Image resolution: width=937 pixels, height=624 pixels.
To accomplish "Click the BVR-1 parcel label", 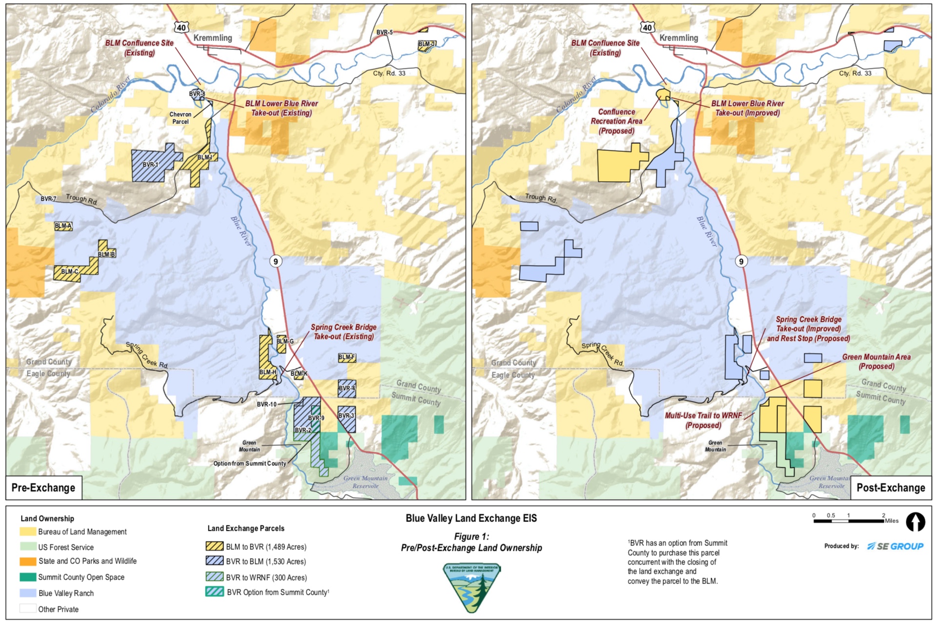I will [150, 165].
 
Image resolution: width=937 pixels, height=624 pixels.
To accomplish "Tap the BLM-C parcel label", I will [70, 271].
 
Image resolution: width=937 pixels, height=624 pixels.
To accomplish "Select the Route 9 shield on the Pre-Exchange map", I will [276, 261].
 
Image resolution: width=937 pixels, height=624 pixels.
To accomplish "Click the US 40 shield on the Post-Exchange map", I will [648, 27].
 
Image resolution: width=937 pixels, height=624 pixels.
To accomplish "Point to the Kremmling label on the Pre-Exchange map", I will [213, 38].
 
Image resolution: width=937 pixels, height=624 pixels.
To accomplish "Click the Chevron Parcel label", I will [180, 118].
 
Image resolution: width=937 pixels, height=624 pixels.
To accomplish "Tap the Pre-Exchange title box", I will [43, 487].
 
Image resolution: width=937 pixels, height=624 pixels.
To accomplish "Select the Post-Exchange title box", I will [891, 487].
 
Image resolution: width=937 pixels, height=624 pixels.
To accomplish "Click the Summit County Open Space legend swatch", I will [28, 577].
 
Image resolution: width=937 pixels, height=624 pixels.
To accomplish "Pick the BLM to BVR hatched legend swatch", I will [215, 546].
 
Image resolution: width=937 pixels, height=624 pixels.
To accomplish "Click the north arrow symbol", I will [915, 521].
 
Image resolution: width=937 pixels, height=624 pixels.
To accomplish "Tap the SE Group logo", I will [895, 546].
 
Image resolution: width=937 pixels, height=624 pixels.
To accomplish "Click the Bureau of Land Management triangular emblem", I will [471, 586].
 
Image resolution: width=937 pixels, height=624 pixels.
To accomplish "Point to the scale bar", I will [849, 521].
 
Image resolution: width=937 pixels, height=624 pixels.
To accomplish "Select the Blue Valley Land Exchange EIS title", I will [471, 518].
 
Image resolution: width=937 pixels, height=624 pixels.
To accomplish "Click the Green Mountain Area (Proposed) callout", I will [876, 361].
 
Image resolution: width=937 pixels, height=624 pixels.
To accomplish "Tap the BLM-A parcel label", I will [63, 226].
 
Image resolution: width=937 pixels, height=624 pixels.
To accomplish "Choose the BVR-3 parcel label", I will [346, 416].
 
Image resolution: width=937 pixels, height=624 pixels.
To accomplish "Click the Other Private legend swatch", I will [28, 609].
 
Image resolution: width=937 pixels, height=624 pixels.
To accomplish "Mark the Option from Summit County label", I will [249, 463].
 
